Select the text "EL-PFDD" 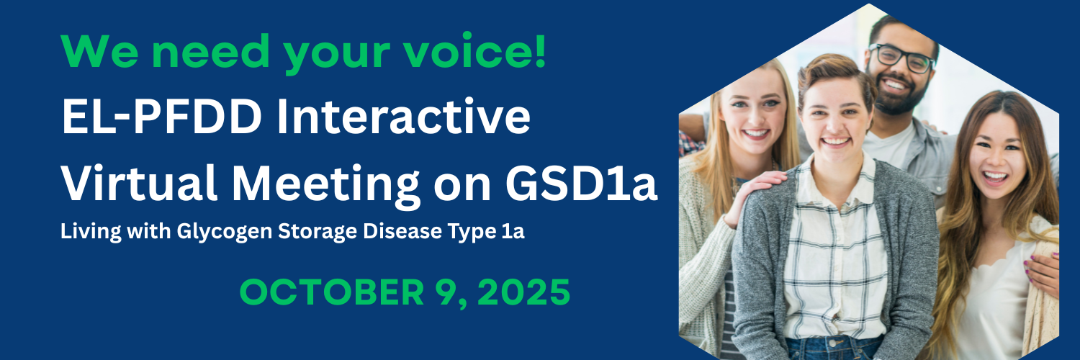(x=161, y=117)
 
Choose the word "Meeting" (x=326, y=186)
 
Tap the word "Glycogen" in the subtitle (x=224, y=232)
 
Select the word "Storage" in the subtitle (x=318, y=232)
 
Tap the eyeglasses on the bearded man (x=901, y=58)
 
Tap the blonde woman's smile (x=755, y=132)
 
